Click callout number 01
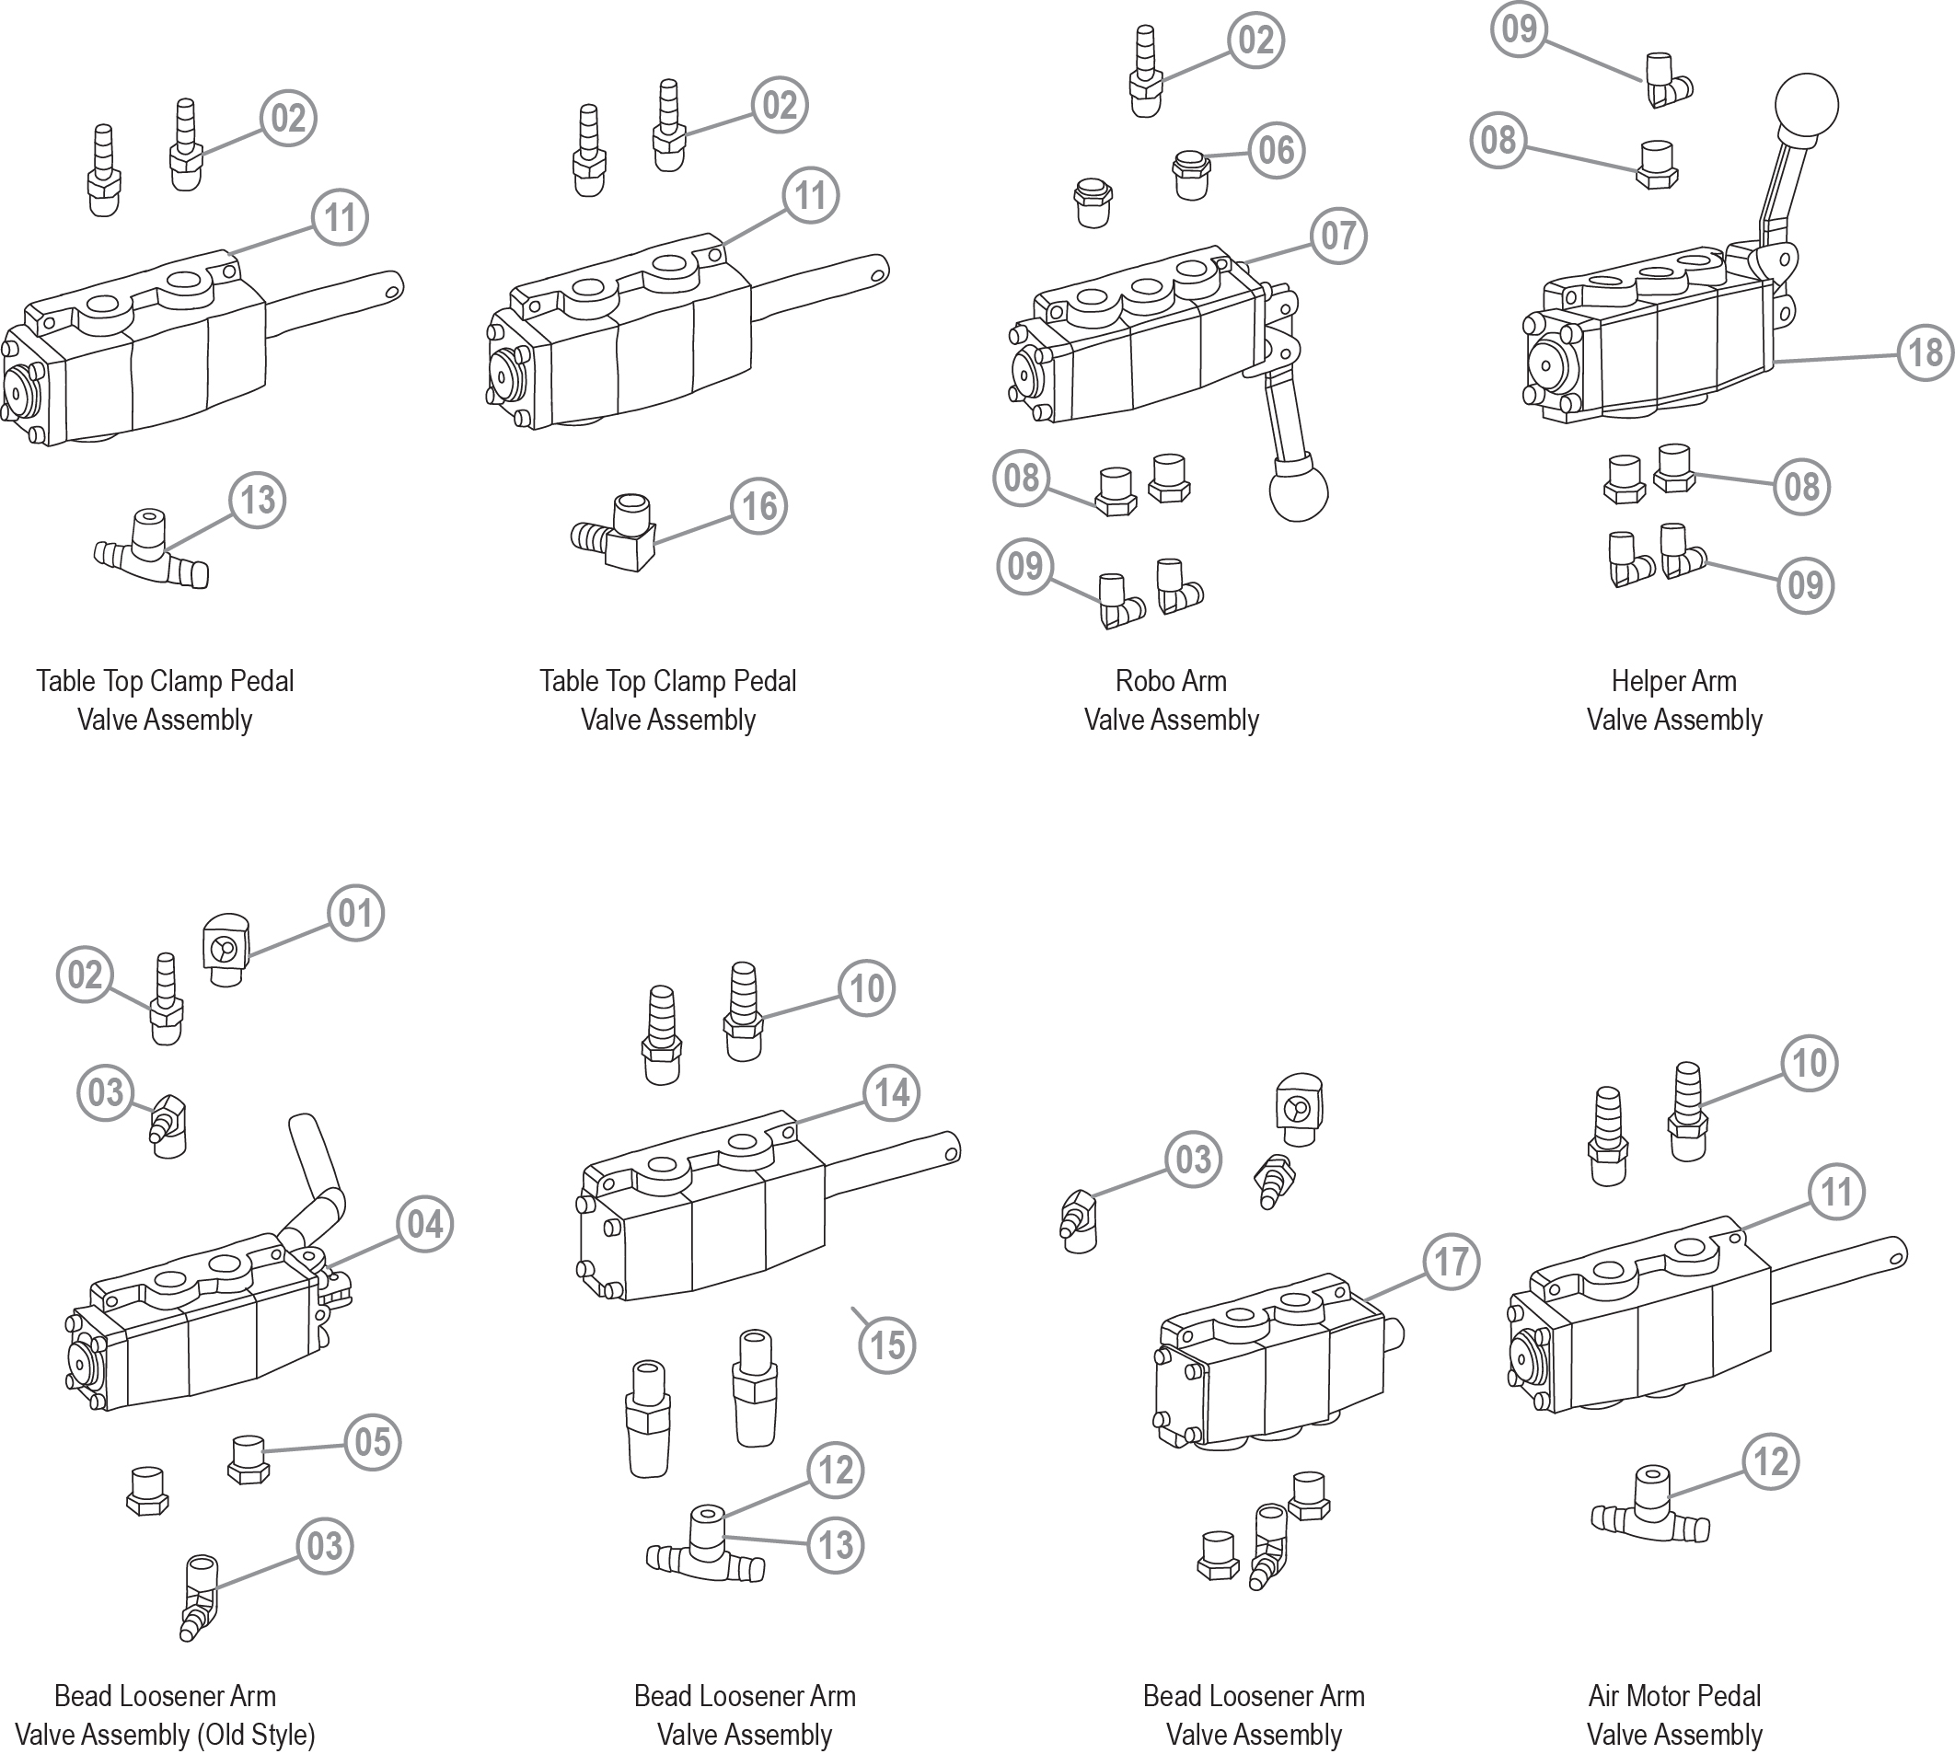coord(355,913)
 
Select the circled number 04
coord(425,1224)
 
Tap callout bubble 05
coord(372,1443)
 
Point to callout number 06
coord(1277,149)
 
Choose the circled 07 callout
coord(1338,236)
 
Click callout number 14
coord(892,1093)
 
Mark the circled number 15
coord(887,1345)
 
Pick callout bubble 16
coord(758,506)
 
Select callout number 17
coord(1451,1262)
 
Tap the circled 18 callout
coord(1926,352)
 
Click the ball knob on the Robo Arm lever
coord(1299,490)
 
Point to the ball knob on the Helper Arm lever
coord(1806,105)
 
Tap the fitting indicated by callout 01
coord(226,950)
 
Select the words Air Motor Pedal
coord(1673,1695)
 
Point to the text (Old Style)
coord(256,1735)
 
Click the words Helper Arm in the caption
coord(1673,681)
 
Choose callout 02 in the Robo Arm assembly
coord(1255,40)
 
